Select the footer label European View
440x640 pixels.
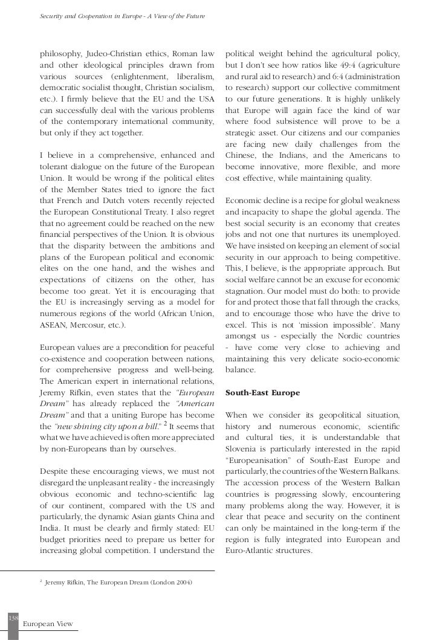[48, 623]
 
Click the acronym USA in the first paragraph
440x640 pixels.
[204, 100]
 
